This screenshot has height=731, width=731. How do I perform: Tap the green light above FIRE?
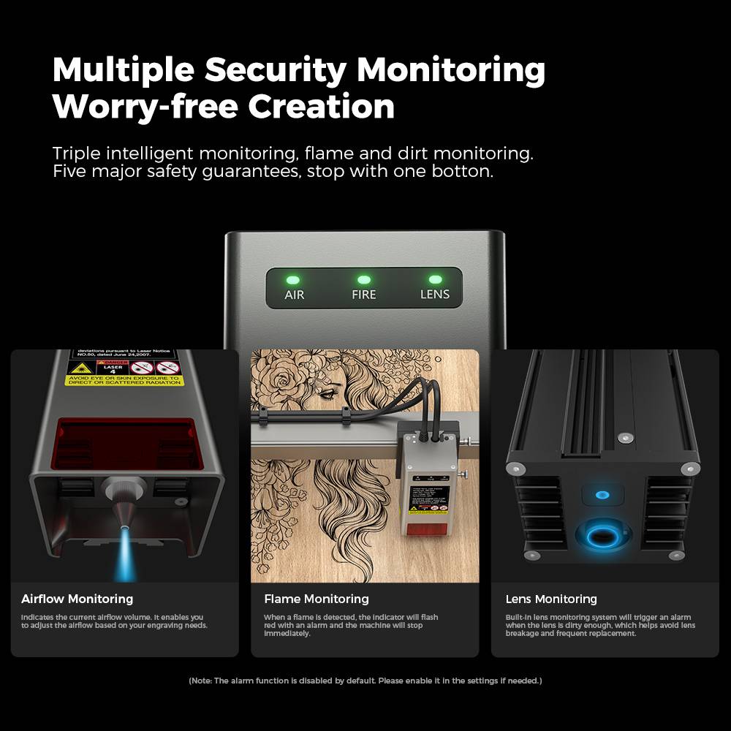click(x=363, y=279)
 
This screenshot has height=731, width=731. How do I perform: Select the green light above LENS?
click(x=435, y=279)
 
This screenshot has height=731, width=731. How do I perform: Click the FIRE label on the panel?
click(x=363, y=295)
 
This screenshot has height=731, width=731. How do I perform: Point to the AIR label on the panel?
click(x=294, y=295)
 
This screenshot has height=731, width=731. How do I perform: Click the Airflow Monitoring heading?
click(x=77, y=599)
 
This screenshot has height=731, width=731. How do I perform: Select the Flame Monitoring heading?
click(x=316, y=599)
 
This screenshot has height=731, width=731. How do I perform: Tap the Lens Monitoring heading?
click(x=551, y=599)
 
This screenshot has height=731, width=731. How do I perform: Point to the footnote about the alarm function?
click(x=365, y=681)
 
